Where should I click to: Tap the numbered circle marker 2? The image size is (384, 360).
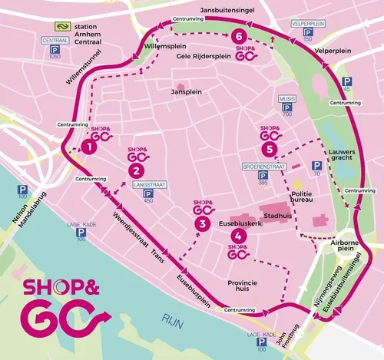coord(136,170)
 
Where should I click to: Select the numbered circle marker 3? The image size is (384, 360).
coord(202,223)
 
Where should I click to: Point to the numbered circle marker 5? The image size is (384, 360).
coord(269,148)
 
